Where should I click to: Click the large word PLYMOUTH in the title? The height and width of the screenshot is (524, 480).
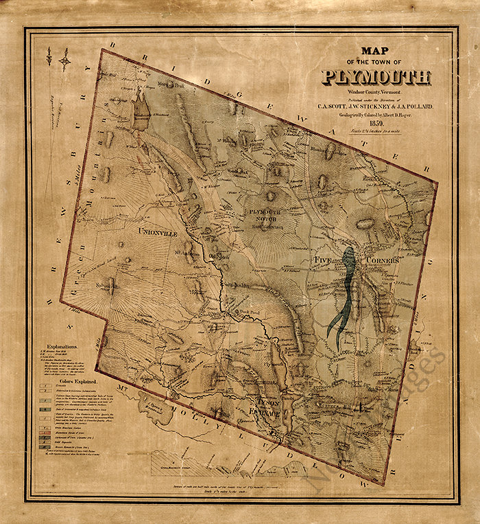pos(376,77)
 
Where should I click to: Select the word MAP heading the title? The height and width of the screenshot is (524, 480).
pos(374,51)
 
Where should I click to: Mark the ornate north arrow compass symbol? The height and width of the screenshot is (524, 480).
pos(65,60)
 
